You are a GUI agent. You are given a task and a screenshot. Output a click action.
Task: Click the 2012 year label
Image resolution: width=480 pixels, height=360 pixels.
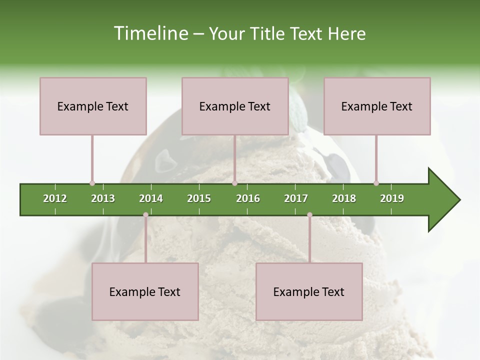click(55, 198)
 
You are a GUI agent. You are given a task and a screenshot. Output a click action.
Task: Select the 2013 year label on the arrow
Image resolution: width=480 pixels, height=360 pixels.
click(103, 198)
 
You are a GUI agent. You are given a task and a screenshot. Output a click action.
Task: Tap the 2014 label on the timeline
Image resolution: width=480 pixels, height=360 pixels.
click(151, 198)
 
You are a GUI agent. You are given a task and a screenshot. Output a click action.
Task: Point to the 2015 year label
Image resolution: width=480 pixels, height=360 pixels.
click(199, 198)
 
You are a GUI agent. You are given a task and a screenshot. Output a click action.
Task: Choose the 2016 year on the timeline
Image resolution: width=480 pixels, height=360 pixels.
click(248, 198)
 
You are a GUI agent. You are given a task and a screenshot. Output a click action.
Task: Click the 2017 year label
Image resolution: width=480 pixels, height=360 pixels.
click(296, 198)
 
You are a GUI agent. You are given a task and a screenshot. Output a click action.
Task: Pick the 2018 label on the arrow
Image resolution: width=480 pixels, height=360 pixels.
click(344, 198)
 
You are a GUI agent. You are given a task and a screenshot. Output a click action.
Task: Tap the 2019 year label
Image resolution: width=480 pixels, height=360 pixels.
click(392, 198)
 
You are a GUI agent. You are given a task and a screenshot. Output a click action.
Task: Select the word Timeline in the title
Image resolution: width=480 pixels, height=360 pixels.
click(150, 33)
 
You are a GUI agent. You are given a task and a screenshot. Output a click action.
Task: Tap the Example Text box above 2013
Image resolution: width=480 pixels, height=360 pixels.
click(93, 106)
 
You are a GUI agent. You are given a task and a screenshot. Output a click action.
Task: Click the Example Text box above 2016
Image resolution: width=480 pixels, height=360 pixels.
click(235, 106)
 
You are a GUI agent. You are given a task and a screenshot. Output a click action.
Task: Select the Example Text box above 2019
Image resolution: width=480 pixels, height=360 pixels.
click(377, 106)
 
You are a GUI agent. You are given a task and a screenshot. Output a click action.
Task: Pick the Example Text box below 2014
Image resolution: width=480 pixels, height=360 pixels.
click(145, 291)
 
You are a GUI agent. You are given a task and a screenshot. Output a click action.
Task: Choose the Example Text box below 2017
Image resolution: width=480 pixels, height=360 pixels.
click(309, 291)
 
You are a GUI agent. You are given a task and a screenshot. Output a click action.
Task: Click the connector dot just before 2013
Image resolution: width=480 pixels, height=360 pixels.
click(92, 183)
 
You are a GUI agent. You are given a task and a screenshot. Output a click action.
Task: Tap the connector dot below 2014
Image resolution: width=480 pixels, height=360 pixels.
click(145, 215)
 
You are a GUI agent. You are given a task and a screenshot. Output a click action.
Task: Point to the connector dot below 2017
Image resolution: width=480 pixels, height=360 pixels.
click(309, 215)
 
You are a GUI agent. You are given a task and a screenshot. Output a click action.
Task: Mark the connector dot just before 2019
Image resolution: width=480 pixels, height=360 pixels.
click(376, 183)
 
